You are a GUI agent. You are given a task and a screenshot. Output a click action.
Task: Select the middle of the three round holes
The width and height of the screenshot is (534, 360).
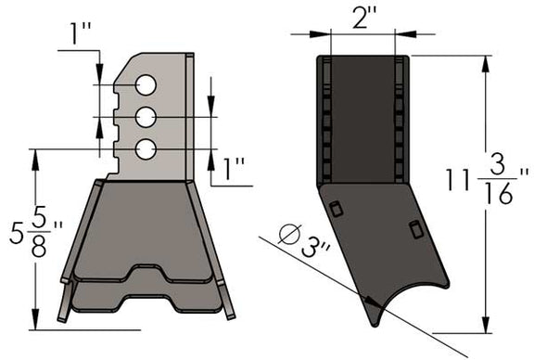[x=145, y=117]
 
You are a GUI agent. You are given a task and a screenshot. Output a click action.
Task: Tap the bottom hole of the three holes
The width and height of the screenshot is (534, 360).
[x=145, y=148]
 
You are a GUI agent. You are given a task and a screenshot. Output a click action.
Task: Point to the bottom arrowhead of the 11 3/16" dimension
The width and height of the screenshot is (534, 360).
[x=483, y=329]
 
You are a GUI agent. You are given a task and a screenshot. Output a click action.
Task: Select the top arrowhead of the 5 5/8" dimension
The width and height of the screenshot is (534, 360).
[x=34, y=152]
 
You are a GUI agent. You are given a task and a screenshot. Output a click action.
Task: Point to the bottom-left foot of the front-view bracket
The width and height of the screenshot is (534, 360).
[x=62, y=314]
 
